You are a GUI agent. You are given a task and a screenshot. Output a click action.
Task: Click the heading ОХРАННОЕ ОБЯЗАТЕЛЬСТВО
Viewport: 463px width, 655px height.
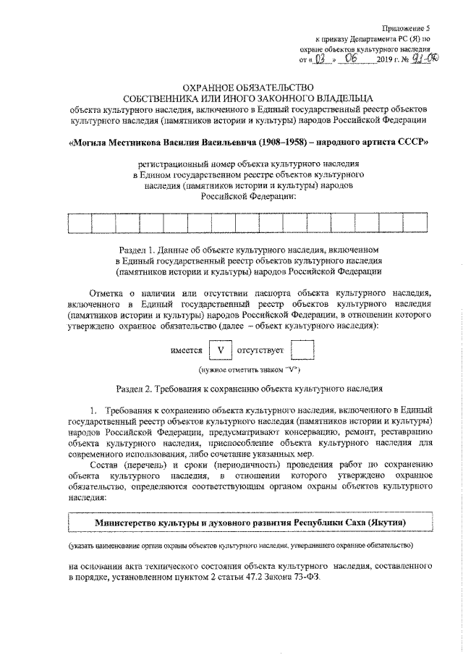coord(248,86)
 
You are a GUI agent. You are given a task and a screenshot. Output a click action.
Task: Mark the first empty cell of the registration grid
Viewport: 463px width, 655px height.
coord(77,224)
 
